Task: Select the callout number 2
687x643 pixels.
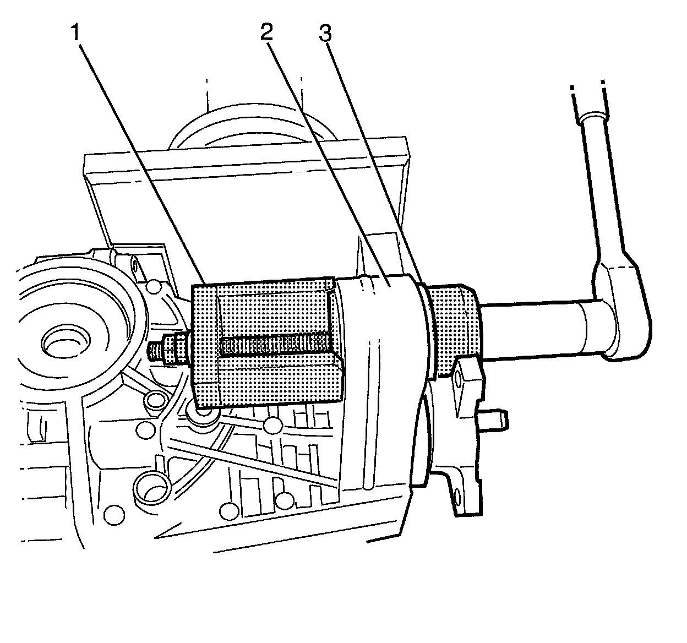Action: [266, 34]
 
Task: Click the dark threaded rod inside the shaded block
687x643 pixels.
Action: [275, 346]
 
